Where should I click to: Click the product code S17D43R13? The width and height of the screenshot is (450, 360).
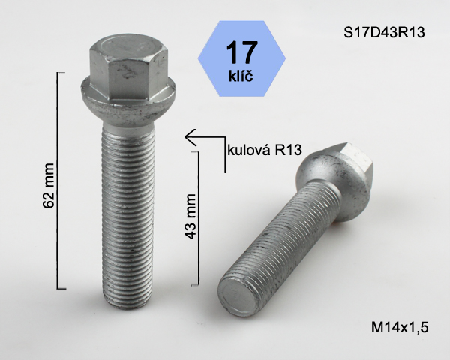tap(384, 32)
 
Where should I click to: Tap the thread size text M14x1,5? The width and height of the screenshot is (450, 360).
tap(400, 327)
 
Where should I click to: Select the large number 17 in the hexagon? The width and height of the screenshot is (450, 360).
tap(241, 52)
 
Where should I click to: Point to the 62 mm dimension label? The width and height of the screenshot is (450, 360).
tap(48, 185)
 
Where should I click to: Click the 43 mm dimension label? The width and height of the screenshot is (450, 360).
tap(190, 217)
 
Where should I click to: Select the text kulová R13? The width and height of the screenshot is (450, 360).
tap(264, 150)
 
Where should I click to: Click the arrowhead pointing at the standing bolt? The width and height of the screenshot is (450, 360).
tap(190, 137)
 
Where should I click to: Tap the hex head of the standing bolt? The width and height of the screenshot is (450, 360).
tap(128, 67)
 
